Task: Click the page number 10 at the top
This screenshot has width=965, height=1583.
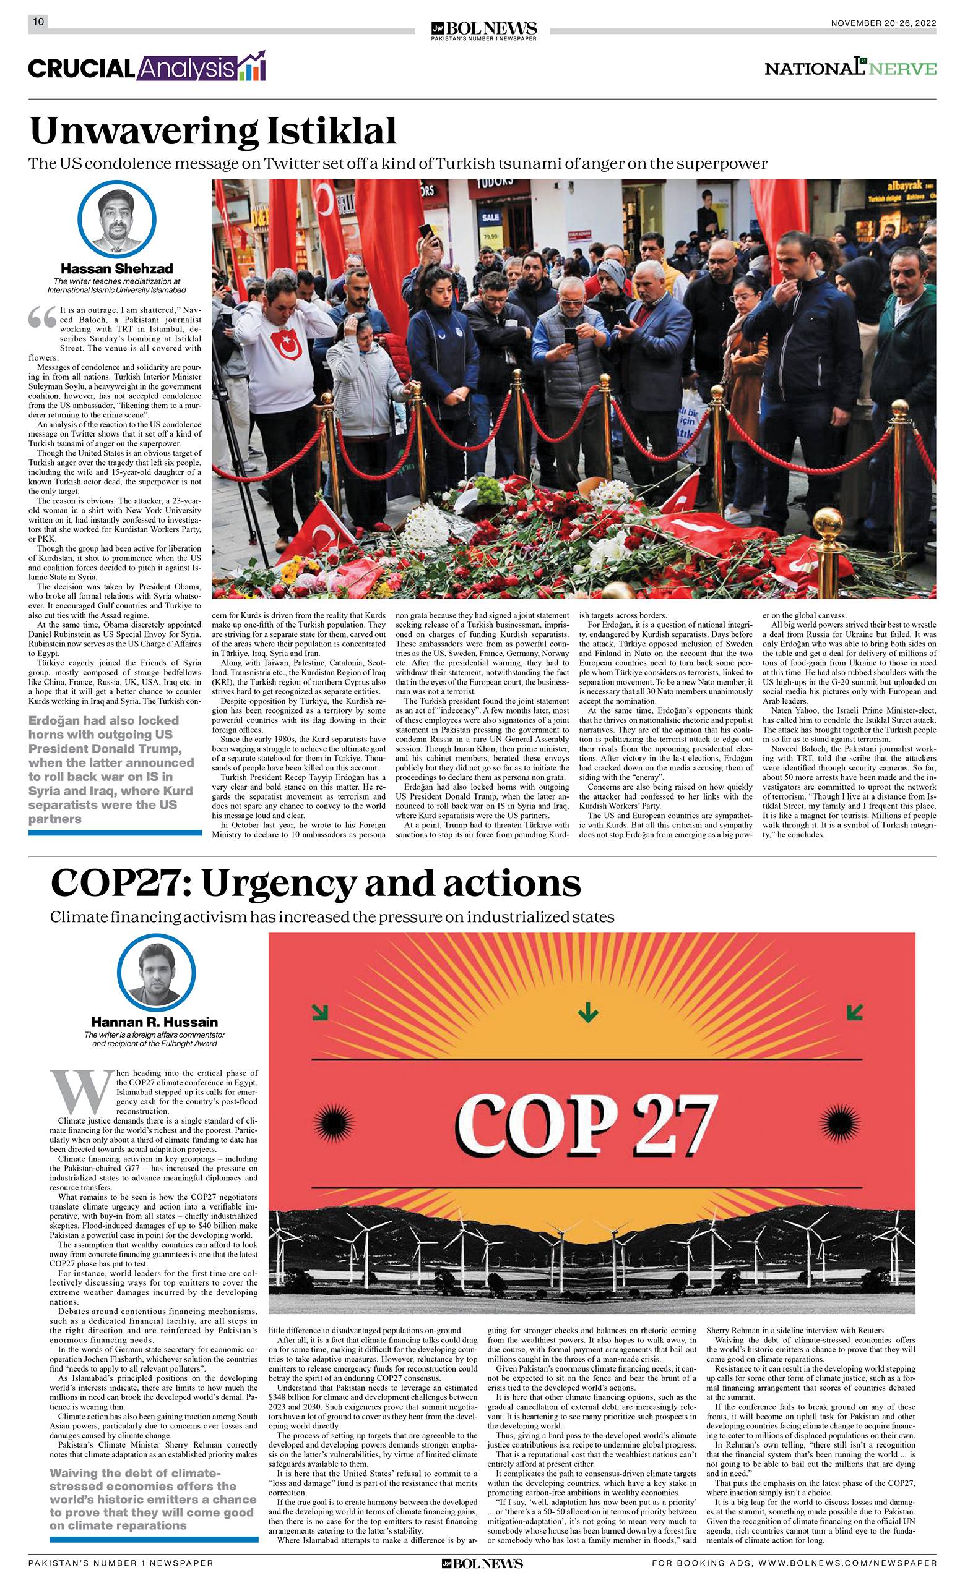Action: point(38,22)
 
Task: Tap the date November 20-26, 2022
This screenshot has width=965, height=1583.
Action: point(883,23)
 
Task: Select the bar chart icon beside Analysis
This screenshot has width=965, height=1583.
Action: point(252,67)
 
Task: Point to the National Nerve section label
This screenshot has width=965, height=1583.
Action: point(850,67)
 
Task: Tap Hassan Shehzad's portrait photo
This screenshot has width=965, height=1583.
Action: point(116,220)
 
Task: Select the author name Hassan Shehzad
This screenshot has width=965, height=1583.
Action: point(116,268)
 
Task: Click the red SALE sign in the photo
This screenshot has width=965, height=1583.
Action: point(490,218)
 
